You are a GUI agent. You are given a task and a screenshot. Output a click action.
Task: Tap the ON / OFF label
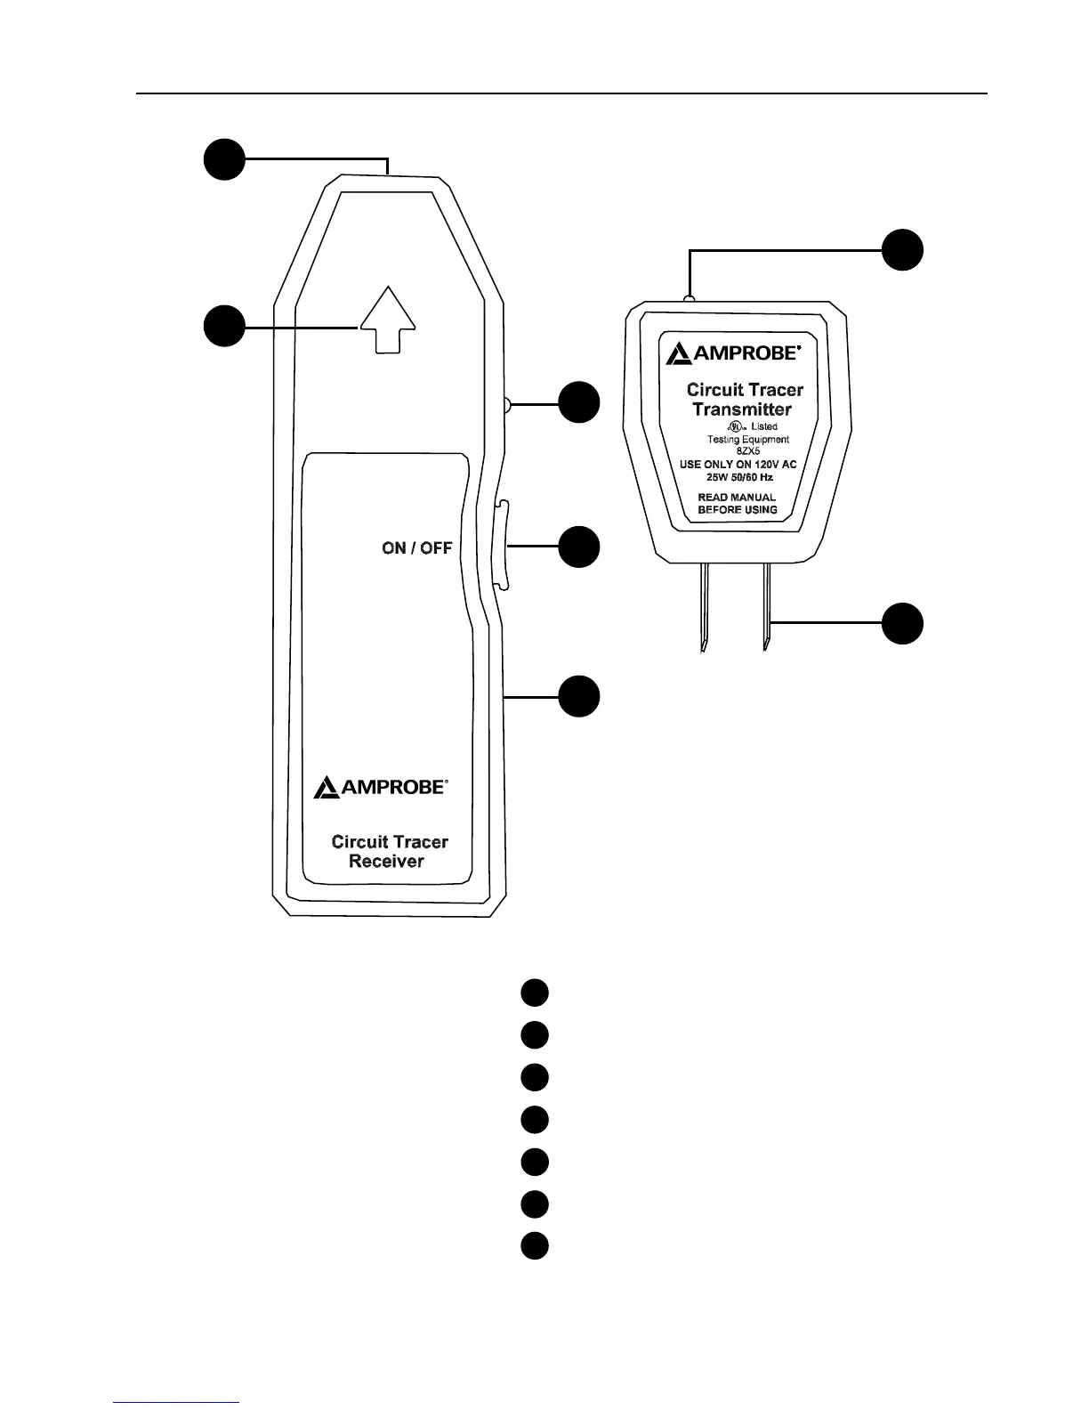click(x=416, y=547)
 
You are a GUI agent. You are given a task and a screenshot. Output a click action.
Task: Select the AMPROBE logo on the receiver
click(x=381, y=787)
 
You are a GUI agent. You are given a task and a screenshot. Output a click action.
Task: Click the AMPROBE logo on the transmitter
click(x=733, y=353)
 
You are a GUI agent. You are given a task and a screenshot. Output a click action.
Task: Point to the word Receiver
click(x=386, y=861)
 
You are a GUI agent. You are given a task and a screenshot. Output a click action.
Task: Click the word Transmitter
click(x=742, y=409)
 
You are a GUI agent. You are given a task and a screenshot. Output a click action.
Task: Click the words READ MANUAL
click(x=737, y=498)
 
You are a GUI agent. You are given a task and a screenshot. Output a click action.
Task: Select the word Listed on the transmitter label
click(x=763, y=427)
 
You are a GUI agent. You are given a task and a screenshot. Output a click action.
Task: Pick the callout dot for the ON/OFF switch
click(x=579, y=547)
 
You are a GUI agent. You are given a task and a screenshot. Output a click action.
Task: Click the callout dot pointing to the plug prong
click(x=902, y=623)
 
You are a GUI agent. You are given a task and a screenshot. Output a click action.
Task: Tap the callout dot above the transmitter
click(x=902, y=250)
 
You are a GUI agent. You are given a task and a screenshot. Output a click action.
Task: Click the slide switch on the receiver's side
click(x=499, y=545)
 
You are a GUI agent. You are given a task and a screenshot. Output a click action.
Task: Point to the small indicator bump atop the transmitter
click(x=689, y=300)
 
